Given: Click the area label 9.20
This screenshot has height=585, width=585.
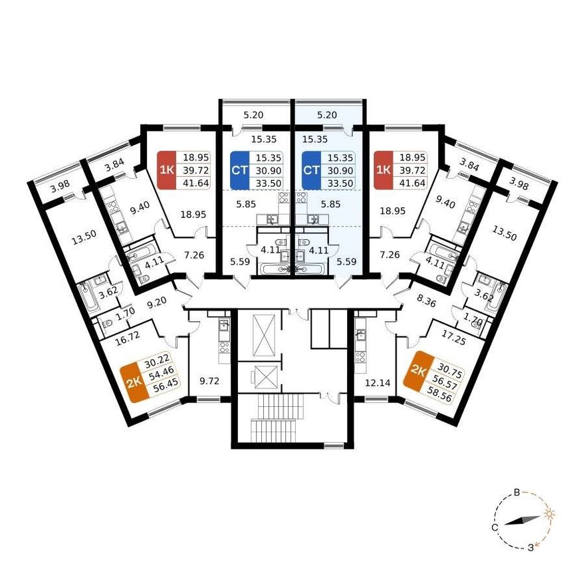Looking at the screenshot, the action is (x=156, y=302).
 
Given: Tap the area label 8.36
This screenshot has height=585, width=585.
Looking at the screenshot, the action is (x=426, y=301).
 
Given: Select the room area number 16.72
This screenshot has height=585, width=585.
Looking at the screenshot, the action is (x=128, y=338).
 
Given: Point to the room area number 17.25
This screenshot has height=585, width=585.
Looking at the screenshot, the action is (x=454, y=337).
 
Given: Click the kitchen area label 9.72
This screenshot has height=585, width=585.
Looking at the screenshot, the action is (x=209, y=382).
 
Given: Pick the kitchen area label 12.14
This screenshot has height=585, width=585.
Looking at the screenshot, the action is (x=378, y=382).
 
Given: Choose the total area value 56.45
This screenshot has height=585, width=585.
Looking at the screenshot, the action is (x=166, y=385).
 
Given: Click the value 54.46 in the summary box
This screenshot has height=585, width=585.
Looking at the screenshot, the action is (x=162, y=372).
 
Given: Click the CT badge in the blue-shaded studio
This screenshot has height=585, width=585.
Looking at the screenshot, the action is (x=311, y=170).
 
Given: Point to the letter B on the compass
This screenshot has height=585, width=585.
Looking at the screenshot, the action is (x=517, y=493).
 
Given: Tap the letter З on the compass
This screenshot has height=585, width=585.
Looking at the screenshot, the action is (x=530, y=548).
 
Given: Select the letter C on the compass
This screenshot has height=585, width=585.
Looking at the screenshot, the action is (x=495, y=528).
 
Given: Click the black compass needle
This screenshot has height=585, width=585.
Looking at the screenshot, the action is (x=523, y=521).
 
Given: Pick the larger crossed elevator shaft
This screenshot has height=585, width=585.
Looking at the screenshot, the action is (x=264, y=335).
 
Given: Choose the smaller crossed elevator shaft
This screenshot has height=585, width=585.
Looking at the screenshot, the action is (x=264, y=377).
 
